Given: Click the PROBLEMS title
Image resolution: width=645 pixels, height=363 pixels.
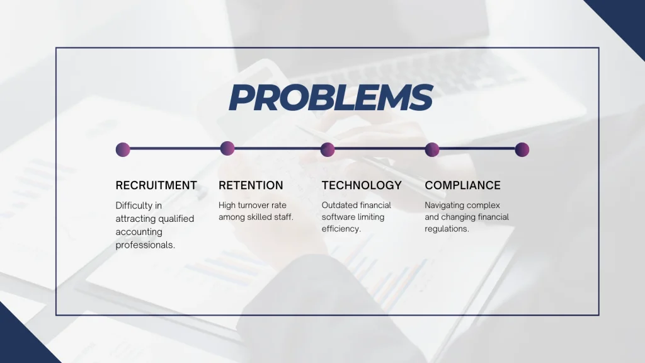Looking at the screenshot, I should pos(330,98).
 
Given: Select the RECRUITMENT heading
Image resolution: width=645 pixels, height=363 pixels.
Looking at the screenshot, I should pos(156,185).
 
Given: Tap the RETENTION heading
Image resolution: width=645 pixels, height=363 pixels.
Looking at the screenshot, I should pos(251,185).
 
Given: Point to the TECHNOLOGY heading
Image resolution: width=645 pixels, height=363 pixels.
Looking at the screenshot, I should pos(362,185).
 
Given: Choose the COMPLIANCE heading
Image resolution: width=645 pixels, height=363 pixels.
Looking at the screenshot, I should pos(462,185).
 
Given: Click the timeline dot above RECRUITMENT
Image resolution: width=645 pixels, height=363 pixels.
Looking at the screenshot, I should pos(123,149).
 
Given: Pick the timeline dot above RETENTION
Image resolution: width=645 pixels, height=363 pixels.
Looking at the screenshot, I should pos(227,149).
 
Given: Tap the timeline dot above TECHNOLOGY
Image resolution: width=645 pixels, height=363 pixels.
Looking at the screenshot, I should pos(328,149).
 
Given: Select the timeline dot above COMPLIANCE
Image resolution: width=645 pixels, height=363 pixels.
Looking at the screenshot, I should pos(432,149).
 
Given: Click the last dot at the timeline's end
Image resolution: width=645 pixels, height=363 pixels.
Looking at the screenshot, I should pos(522,149).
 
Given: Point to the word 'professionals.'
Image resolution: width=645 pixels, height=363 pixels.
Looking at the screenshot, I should pos(146,245).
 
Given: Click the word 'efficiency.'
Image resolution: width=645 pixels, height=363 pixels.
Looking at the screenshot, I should pos(341,229).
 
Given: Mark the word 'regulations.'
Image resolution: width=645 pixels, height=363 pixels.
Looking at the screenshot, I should pos(447,229).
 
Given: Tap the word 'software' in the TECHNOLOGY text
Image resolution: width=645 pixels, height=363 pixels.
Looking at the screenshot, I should pos(338,217).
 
